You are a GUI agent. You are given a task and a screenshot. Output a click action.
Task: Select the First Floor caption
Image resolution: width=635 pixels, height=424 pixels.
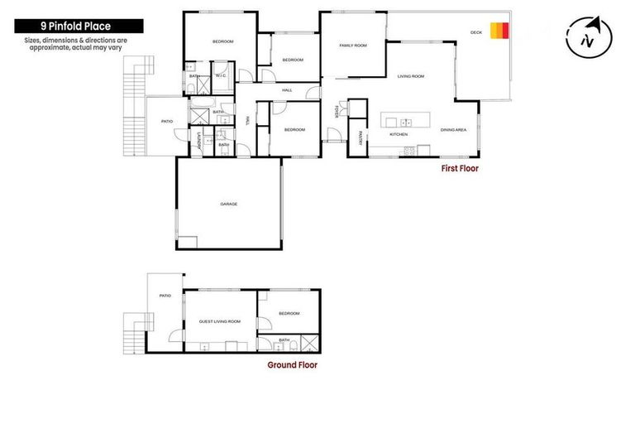click(460, 168)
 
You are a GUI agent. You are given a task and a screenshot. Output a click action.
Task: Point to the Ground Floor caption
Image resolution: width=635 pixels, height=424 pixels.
click(292, 364)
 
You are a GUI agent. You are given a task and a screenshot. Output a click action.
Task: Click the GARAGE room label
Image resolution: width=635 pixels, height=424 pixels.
click(228, 204)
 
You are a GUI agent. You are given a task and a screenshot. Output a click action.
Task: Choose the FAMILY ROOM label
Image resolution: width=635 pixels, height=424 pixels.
click(352, 46)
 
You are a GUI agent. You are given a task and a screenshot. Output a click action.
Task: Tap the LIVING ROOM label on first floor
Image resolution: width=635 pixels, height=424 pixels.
click(410, 76)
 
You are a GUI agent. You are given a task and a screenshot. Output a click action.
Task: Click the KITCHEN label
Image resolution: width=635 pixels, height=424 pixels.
click(399, 134)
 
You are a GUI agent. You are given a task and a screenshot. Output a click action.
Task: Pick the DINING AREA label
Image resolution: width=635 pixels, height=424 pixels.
click(453, 130)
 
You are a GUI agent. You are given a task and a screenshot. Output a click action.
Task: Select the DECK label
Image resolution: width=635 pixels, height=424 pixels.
click(475, 31)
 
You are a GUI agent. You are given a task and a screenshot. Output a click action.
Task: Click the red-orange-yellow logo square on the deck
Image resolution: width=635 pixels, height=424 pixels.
click(499, 31)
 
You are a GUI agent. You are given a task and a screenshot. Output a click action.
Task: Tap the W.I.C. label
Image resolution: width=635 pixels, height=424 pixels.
click(221, 76)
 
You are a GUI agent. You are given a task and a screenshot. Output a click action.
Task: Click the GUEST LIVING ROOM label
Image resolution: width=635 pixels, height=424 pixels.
click(220, 321)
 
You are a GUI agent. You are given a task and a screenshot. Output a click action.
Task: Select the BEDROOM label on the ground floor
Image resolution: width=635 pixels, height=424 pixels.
click(289, 314)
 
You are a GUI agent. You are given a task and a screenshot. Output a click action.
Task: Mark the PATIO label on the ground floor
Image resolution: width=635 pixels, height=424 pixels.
click(165, 295)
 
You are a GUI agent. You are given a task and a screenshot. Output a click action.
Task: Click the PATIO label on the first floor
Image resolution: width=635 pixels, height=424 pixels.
click(166, 122)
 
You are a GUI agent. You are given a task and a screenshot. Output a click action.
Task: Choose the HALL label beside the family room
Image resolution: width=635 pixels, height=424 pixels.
click(287, 89)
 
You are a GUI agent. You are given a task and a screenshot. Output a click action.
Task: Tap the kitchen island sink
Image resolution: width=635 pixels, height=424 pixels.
click(405, 123)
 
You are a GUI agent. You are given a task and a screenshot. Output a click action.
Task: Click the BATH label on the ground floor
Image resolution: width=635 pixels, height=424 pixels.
click(284, 340)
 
